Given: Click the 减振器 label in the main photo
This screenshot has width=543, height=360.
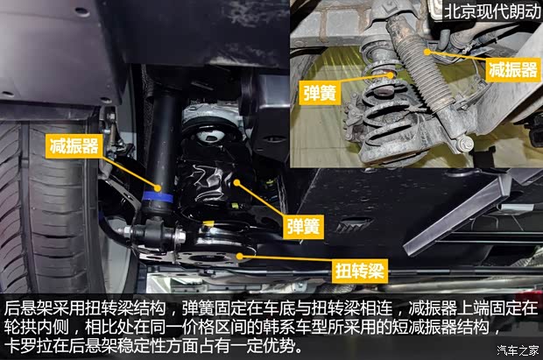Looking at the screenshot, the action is click(74, 146).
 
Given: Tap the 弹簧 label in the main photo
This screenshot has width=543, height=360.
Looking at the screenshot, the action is click(303, 227).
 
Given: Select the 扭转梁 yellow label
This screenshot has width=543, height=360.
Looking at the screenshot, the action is click(359, 271).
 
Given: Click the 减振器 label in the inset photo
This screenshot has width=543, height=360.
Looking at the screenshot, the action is click(513, 70).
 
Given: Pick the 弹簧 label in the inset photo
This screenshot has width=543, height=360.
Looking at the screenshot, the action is click(320, 92).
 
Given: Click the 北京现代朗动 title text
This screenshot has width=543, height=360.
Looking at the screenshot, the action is click(492, 11).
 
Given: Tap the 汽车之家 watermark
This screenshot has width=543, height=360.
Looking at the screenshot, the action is click(518, 350).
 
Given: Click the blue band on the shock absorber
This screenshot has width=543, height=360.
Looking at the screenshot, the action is click(158, 197).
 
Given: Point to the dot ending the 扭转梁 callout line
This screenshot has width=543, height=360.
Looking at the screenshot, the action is click(239, 256).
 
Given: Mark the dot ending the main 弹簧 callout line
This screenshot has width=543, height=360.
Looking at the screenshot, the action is click(236, 182).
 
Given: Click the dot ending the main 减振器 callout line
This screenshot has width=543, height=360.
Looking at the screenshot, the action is click(158, 188).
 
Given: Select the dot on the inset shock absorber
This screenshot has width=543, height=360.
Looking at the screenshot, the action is click(427, 52).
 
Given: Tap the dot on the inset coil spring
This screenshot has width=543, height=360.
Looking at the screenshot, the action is click(391, 74).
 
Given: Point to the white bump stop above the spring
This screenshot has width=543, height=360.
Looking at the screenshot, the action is click(208, 136).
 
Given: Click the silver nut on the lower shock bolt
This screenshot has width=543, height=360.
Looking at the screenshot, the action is click(180, 236).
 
